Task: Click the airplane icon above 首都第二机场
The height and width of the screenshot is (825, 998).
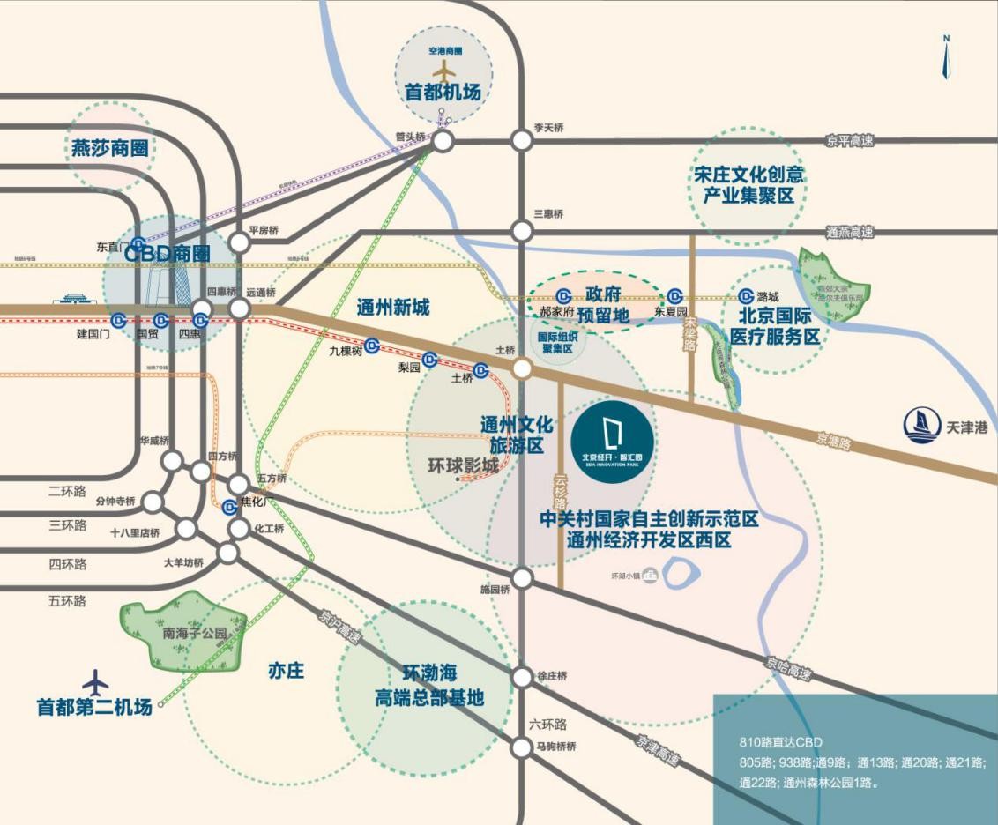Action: (x=95, y=683)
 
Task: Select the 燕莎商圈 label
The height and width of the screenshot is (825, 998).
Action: (x=112, y=147)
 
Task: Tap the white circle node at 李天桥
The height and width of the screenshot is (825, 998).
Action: (x=523, y=140)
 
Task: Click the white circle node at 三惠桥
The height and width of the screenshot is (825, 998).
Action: (x=523, y=231)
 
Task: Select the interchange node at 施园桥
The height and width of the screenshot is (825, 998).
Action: (x=523, y=578)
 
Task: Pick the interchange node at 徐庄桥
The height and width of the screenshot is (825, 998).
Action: (x=523, y=676)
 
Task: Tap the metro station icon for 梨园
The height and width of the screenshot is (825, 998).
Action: (x=429, y=359)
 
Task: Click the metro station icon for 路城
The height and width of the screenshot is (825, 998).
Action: (x=747, y=296)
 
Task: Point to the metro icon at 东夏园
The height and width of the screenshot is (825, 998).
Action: (x=675, y=296)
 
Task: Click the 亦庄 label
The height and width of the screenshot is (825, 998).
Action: (x=286, y=671)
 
